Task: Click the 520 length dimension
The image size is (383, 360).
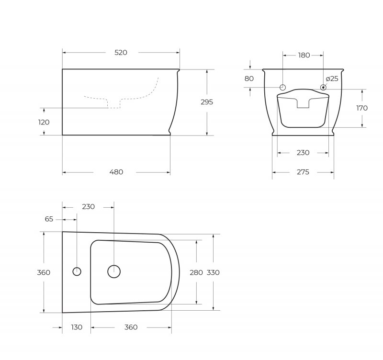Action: pyautogui.click(x=121, y=53)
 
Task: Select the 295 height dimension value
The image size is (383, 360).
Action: pyautogui.click(x=207, y=102)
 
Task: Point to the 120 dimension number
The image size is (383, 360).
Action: pyautogui.click(x=44, y=122)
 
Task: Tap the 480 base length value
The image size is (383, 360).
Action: pyautogui.click(x=117, y=172)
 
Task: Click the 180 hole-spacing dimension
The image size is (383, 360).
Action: pyautogui.click(x=304, y=55)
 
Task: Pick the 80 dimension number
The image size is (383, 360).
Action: pyautogui.click(x=249, y=79)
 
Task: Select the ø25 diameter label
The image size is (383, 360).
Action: pyautogui.click(x=332, y=79)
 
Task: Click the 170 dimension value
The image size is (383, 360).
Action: pyautogui.click(x=362, y=108)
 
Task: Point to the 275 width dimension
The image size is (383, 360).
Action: pyautogui.click(x=303, y=172)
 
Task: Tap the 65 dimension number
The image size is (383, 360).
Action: pyautogui.click(x=49, y=219)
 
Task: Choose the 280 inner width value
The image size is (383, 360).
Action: pyautogui.click(x=196, y=272)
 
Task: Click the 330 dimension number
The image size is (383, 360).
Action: pyautogui.click(x=213, y=272)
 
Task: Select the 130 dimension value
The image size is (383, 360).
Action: pyautogui.click(x=77, y=327)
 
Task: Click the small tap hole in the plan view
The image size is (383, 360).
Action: pyautogui.click(x=77, y=271)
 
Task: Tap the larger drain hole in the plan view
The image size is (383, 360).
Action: pyautogui.click(x=114, y=271)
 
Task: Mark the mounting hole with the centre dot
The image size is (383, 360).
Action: pyautogui.click(x=324, y=87)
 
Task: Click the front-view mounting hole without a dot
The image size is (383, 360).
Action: pyautogui.click(x=282, y=87)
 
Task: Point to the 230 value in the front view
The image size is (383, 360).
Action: pyautogui.click(x=303, y=153)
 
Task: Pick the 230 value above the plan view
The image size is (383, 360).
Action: pyautogui.click(x=89, y=207)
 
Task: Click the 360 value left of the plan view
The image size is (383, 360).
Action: pyautogui.click(x=44, y=272)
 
